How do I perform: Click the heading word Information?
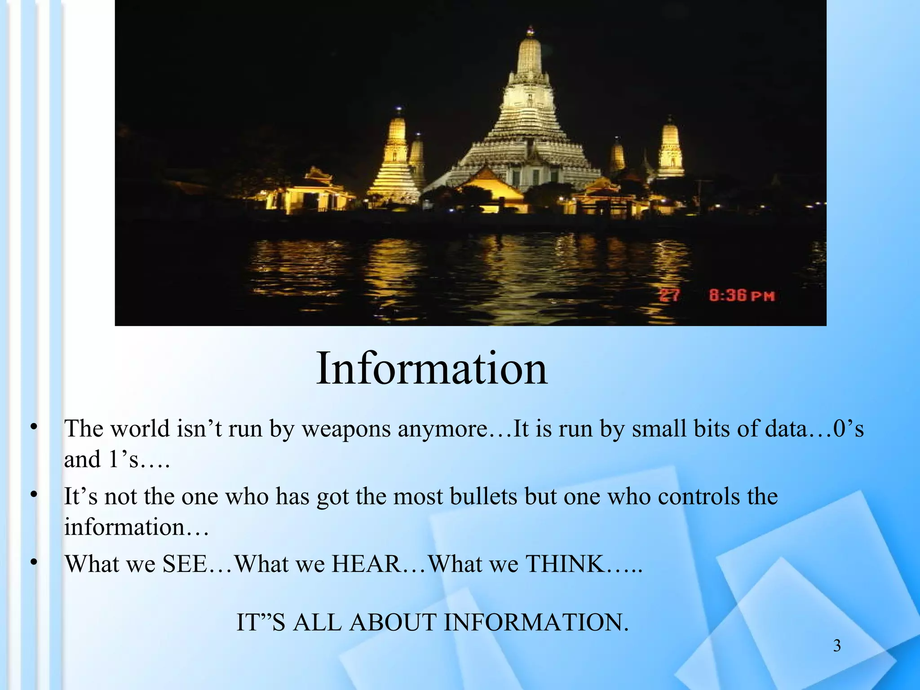(431, 369)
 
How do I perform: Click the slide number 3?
(837, 646)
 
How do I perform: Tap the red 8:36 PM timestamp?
(742, 296)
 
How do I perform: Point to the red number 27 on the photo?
(670, 296)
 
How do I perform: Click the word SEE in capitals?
(185, 564)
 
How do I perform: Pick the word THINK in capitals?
(565, 564)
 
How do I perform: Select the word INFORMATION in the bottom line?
(536, 623)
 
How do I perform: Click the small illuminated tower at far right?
(670, 148)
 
